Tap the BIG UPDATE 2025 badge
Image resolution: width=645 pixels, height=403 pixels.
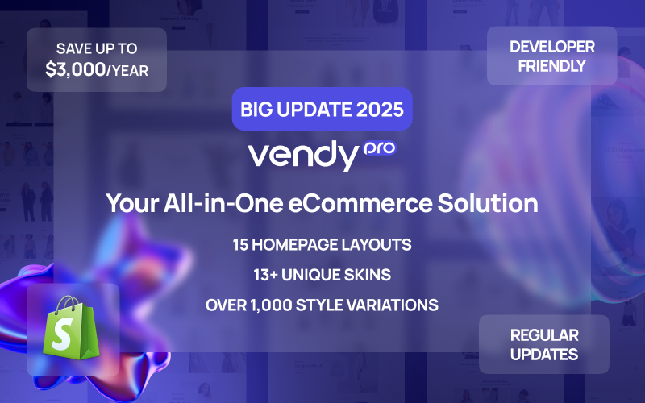pos(322,109)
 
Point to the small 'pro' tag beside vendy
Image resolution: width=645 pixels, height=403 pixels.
pos(377,147)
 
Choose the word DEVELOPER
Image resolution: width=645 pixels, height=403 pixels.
pos(551,48)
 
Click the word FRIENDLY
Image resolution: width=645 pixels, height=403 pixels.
pos(551,66)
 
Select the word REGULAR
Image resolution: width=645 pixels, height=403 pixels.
pos(544,334)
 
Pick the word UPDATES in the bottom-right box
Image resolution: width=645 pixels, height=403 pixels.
pos(544,354)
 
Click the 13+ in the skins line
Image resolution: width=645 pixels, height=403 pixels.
pos(269,275)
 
